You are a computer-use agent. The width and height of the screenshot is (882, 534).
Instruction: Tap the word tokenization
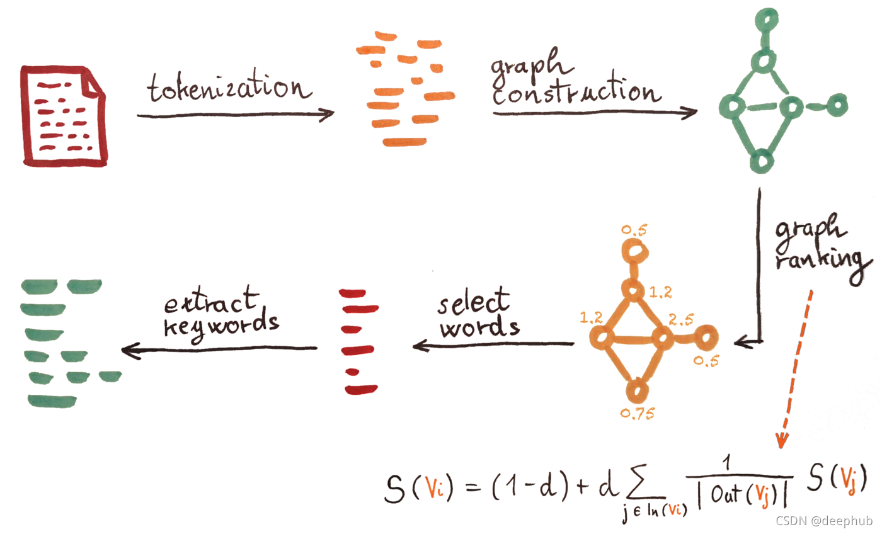(229, 89)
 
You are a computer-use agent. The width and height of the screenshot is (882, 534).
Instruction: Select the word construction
(576, 92)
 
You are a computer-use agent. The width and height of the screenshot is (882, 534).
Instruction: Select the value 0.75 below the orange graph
(638, 413)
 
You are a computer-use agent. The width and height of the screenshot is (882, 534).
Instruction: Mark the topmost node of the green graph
(764, 23)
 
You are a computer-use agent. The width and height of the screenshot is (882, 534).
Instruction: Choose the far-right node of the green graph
(837, 105)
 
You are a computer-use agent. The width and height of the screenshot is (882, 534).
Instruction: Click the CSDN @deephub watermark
(823, 521)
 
